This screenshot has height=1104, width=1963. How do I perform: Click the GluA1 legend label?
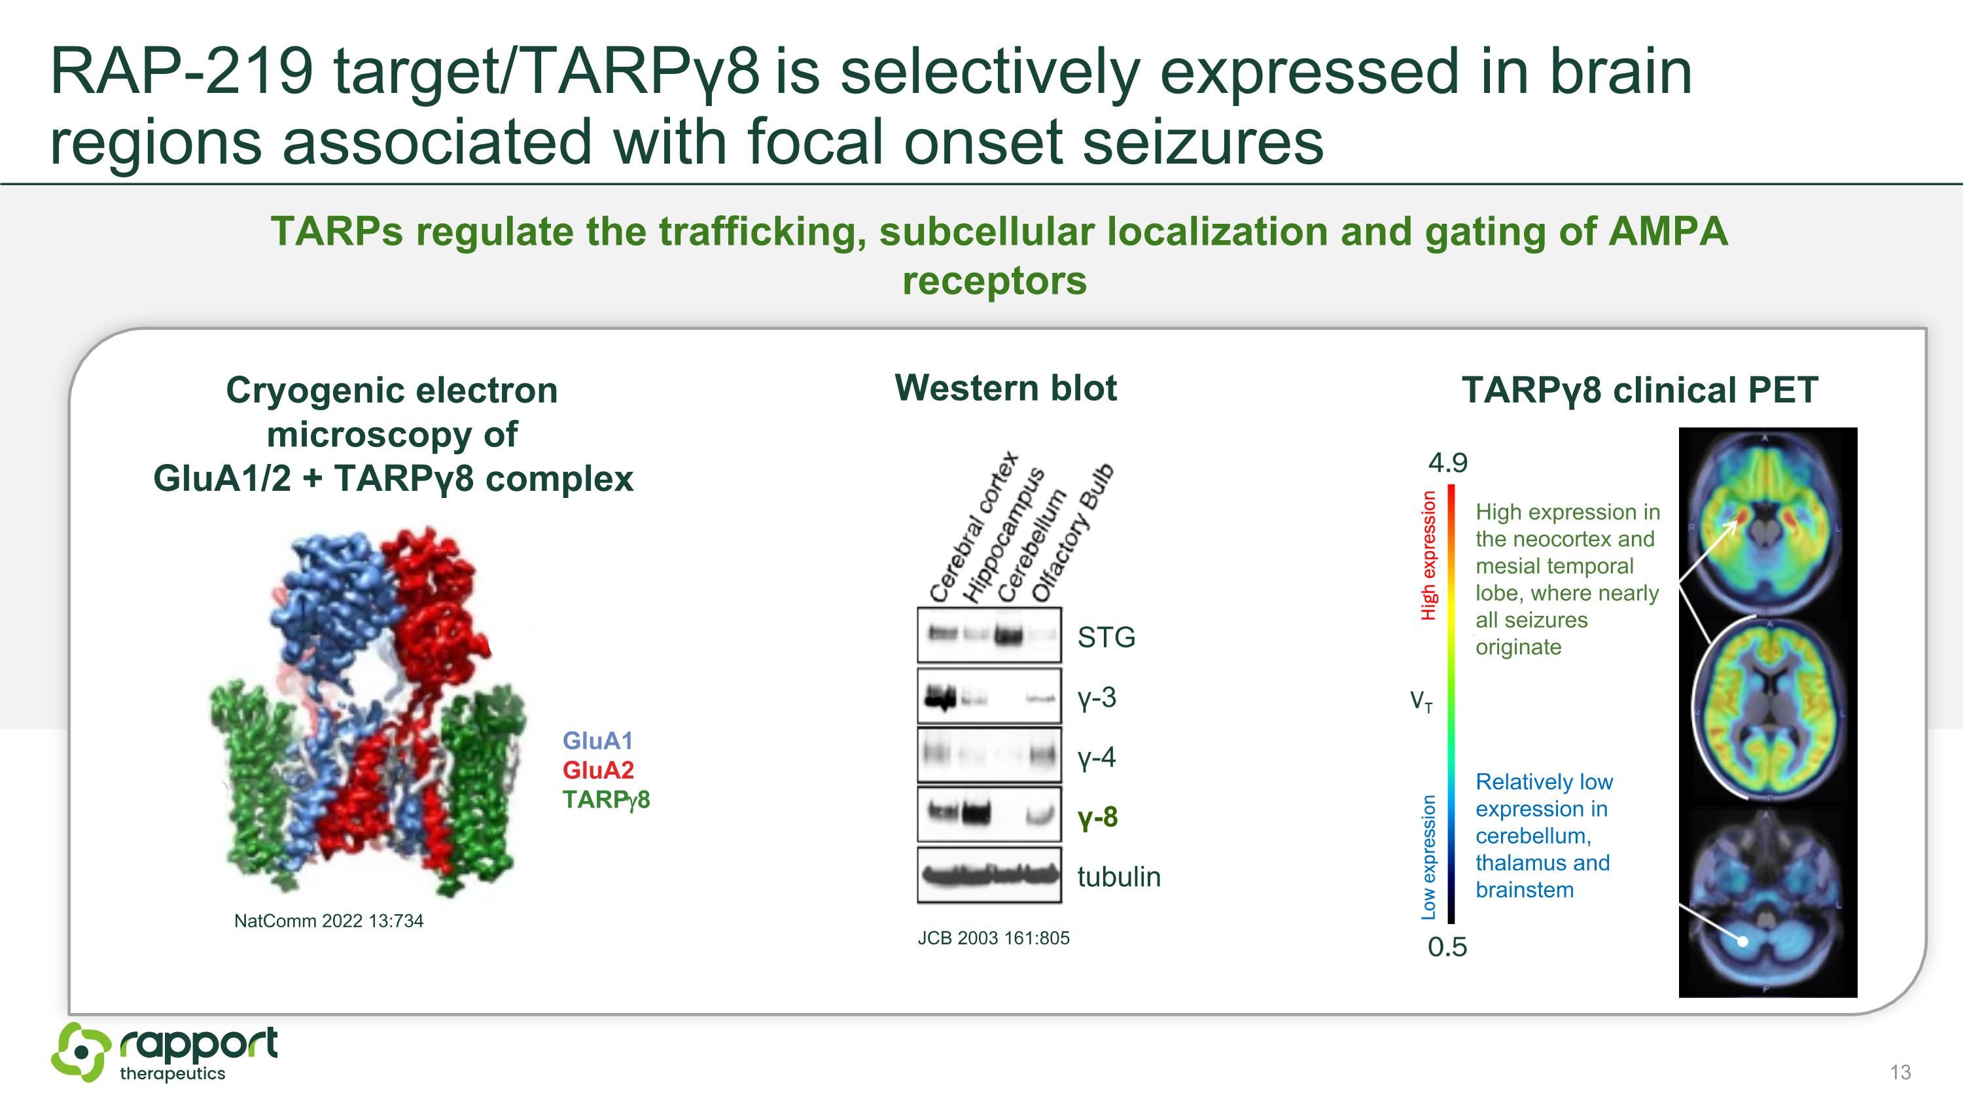(597, 741)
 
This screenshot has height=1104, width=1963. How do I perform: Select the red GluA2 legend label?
(597, 770)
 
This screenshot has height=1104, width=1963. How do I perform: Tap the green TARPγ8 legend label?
(606, 800)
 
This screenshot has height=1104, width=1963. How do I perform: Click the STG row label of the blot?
(1106, 637)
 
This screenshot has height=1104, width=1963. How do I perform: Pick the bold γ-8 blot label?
(1097, 817)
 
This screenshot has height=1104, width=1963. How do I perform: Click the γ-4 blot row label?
(1096, 757)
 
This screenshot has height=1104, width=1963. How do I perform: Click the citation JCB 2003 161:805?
(993, 938)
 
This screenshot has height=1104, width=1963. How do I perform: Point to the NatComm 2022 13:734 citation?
(328, 921)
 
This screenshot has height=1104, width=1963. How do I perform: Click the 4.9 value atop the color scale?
(1447, 463)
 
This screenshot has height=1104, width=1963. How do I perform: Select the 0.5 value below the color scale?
(1446, 947)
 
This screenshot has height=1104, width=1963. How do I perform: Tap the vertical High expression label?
(1428, 555)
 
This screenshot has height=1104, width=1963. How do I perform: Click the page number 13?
(1900, 1072)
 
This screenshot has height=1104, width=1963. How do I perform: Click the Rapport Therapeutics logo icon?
(80, 1052)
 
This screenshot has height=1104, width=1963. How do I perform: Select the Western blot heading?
(1005, 388)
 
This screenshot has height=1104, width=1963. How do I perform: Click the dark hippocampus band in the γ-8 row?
(976, 813)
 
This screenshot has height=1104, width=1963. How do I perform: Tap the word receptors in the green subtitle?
(994, 280)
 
